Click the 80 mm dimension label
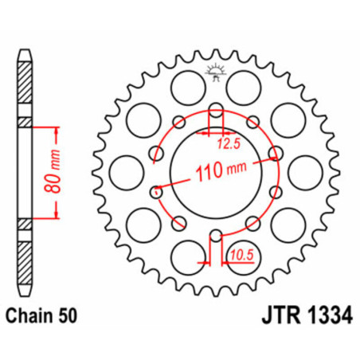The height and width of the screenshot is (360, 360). [x=49, y=170]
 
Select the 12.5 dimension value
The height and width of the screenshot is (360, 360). [x=225, y=144]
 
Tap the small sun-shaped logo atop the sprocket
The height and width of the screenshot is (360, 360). [x=214, y=70]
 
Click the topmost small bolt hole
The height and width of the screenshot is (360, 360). [x=214, y=109]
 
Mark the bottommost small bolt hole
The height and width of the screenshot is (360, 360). [x=214, y=235]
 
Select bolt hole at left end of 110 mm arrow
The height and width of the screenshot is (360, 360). [x=156, y=190]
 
